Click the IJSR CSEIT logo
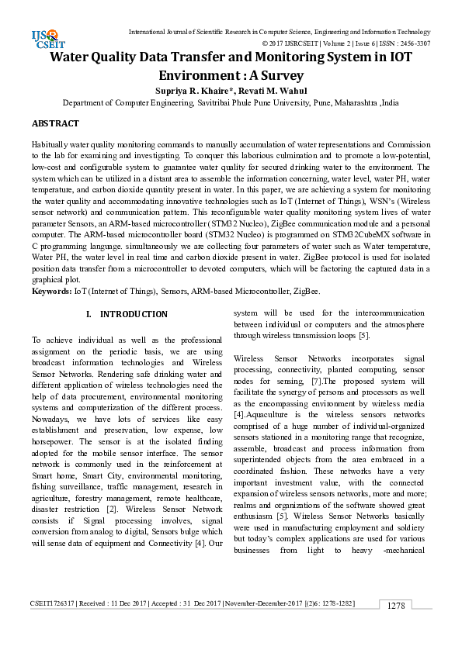coord(45,36)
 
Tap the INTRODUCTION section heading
coord(134,314)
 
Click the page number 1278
coord(396,627)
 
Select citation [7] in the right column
coord(315,382)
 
